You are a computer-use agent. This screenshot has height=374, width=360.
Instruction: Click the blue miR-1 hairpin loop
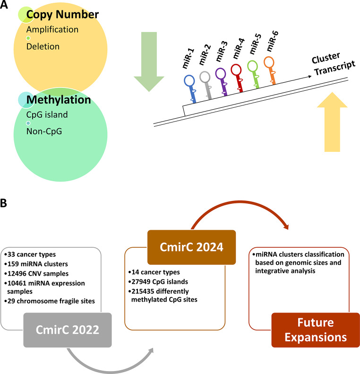189,80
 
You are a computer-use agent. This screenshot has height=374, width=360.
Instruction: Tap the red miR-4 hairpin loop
237,70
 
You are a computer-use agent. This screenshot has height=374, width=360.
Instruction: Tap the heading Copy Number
62,15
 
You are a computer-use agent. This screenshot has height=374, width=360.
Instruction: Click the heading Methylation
58,100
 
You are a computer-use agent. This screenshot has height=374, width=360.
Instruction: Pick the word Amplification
52,29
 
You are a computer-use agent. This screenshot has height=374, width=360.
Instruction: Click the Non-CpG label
44,131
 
